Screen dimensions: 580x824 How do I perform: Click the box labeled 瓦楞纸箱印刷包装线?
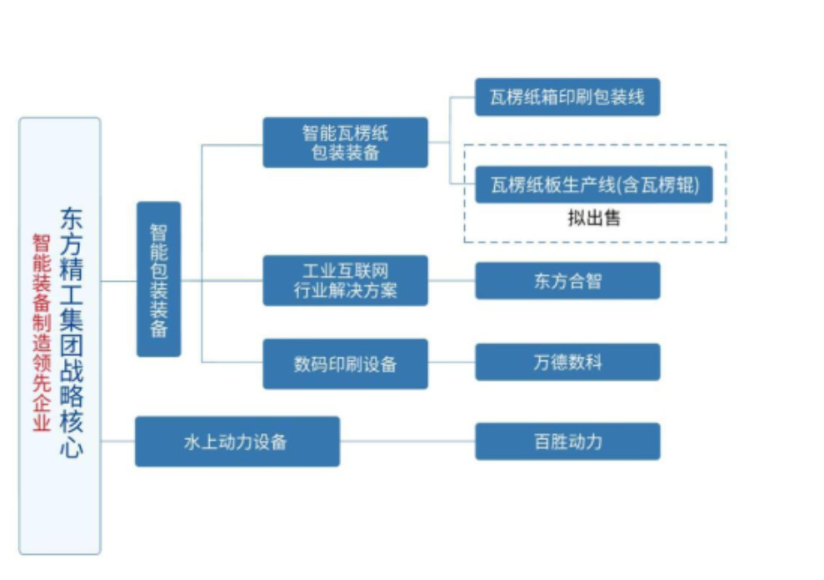[x=567, y=97]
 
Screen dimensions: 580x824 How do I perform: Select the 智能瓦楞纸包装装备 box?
[x=345, y=142]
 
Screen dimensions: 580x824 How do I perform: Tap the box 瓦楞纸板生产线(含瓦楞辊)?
[x=594, y=184]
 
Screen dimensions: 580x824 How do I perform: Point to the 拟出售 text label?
[x=594, y=219]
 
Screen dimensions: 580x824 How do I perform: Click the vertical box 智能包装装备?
[x=158, y=279]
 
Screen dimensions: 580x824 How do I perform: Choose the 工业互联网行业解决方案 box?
[x=345, y=281]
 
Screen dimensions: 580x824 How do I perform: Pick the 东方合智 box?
[x=567, y=281]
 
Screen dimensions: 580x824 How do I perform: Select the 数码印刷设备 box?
[x=345, y=363]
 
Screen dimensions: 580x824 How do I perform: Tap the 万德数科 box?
[x=567, y=362]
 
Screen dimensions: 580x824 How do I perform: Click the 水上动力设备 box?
[x=237, y=441]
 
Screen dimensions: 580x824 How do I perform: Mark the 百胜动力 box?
[x=567, y=441]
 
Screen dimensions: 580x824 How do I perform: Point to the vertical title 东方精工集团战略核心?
[x=72, y=333]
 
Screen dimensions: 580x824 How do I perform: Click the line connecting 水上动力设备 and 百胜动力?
[x=407, y=441]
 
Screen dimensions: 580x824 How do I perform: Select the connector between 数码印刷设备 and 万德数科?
[x=452, y=362]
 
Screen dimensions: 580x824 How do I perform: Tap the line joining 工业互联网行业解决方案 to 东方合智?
[x=452, y=281]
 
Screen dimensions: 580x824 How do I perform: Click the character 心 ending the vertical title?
[x=72, y=447]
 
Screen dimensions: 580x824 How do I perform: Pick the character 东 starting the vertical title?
[x=72, y=219]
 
